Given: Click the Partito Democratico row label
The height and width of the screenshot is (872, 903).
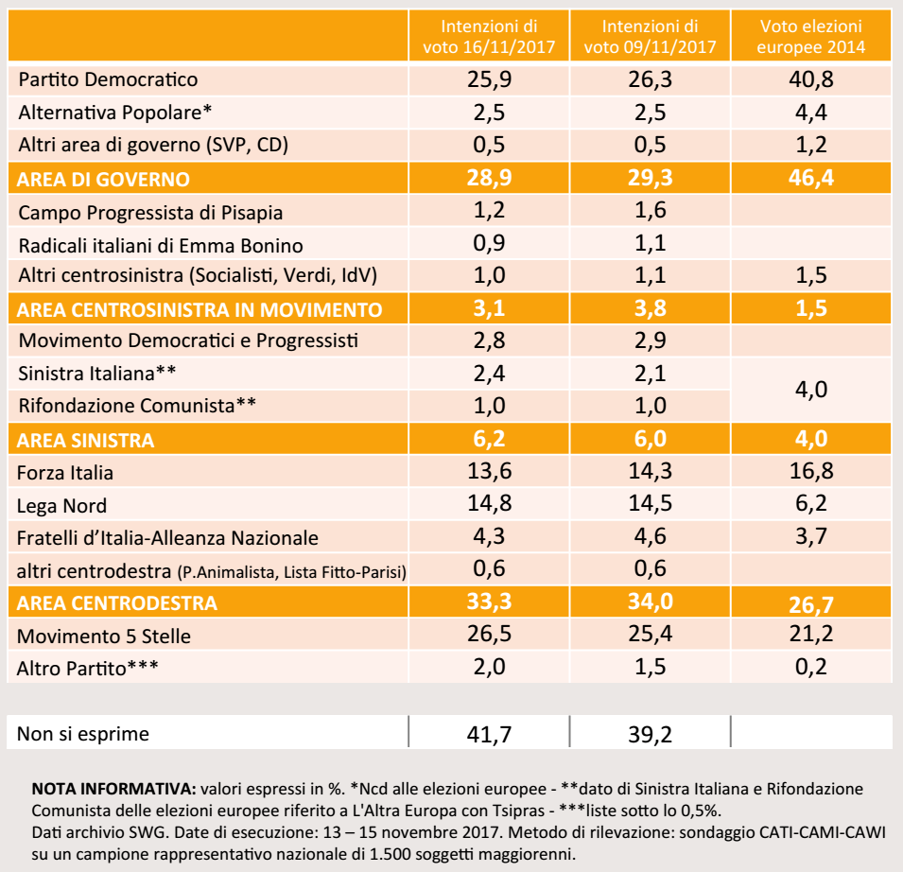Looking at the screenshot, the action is click(108, 79).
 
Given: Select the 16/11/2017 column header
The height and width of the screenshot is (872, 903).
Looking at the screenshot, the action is click(489, 36).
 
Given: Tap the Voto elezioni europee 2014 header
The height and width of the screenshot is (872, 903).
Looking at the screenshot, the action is click(811, 36).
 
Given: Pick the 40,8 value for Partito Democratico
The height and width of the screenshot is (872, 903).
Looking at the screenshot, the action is click(811, 79).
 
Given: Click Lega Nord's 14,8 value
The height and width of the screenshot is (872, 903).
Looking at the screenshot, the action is click(489, 503).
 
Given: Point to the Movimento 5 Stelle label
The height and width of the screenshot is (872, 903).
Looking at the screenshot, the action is click(104, 636).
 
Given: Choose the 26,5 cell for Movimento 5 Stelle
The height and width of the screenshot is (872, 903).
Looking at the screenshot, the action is click(489, 634).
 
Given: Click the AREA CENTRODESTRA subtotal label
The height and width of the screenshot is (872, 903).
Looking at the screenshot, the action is click(117, 603).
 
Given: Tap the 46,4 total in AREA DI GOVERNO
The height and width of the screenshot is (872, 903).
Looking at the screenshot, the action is click(811, 178).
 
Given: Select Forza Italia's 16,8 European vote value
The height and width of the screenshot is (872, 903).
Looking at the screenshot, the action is click(811, 471).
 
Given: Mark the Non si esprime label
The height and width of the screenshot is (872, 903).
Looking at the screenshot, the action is click(83, 734).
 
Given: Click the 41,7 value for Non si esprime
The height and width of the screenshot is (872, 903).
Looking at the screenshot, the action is click(489, 734).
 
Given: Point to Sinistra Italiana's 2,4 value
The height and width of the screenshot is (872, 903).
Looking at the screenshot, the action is click(489, 374).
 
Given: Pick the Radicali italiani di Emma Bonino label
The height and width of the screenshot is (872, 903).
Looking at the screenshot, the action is click(161, 245).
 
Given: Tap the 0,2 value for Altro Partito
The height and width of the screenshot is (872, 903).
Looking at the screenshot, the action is click(811, 667).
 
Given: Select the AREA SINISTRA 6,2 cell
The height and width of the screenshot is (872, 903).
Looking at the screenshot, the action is click(489, 439).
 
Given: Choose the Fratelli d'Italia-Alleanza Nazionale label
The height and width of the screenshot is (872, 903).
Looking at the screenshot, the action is click(167, 538).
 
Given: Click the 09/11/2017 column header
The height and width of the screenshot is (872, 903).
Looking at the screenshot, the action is click(651, 36).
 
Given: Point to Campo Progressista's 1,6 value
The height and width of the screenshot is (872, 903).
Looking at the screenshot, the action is click(651, 210).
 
